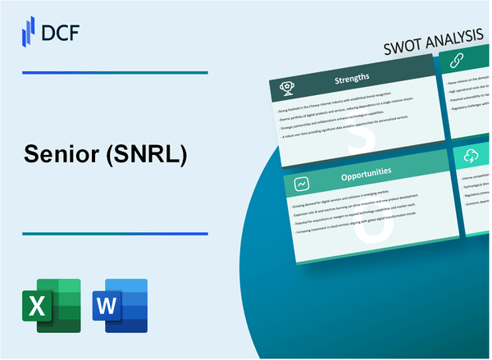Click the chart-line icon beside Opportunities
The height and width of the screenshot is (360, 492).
(x=302, y=184)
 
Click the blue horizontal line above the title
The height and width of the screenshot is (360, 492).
(x=114, y=73)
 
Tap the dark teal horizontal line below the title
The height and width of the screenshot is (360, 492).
(x=114, y=234)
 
